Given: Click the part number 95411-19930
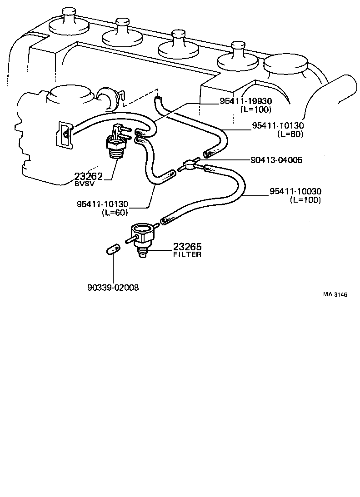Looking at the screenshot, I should point(245,102).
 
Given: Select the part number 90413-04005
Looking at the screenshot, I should point(276,160).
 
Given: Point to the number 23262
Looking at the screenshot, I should point(89,177).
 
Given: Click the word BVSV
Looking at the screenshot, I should point(84,184).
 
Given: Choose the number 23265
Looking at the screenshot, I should point(187,247).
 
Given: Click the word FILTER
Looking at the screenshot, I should point(187,254).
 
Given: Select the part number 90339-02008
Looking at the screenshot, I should point(113,288).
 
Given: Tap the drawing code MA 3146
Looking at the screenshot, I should point(335,294).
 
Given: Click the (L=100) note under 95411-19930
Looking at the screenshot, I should point(255,109).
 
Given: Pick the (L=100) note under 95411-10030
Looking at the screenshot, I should point(305,200).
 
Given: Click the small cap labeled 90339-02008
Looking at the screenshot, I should point(112,249).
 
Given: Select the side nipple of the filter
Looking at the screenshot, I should point(129,239).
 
